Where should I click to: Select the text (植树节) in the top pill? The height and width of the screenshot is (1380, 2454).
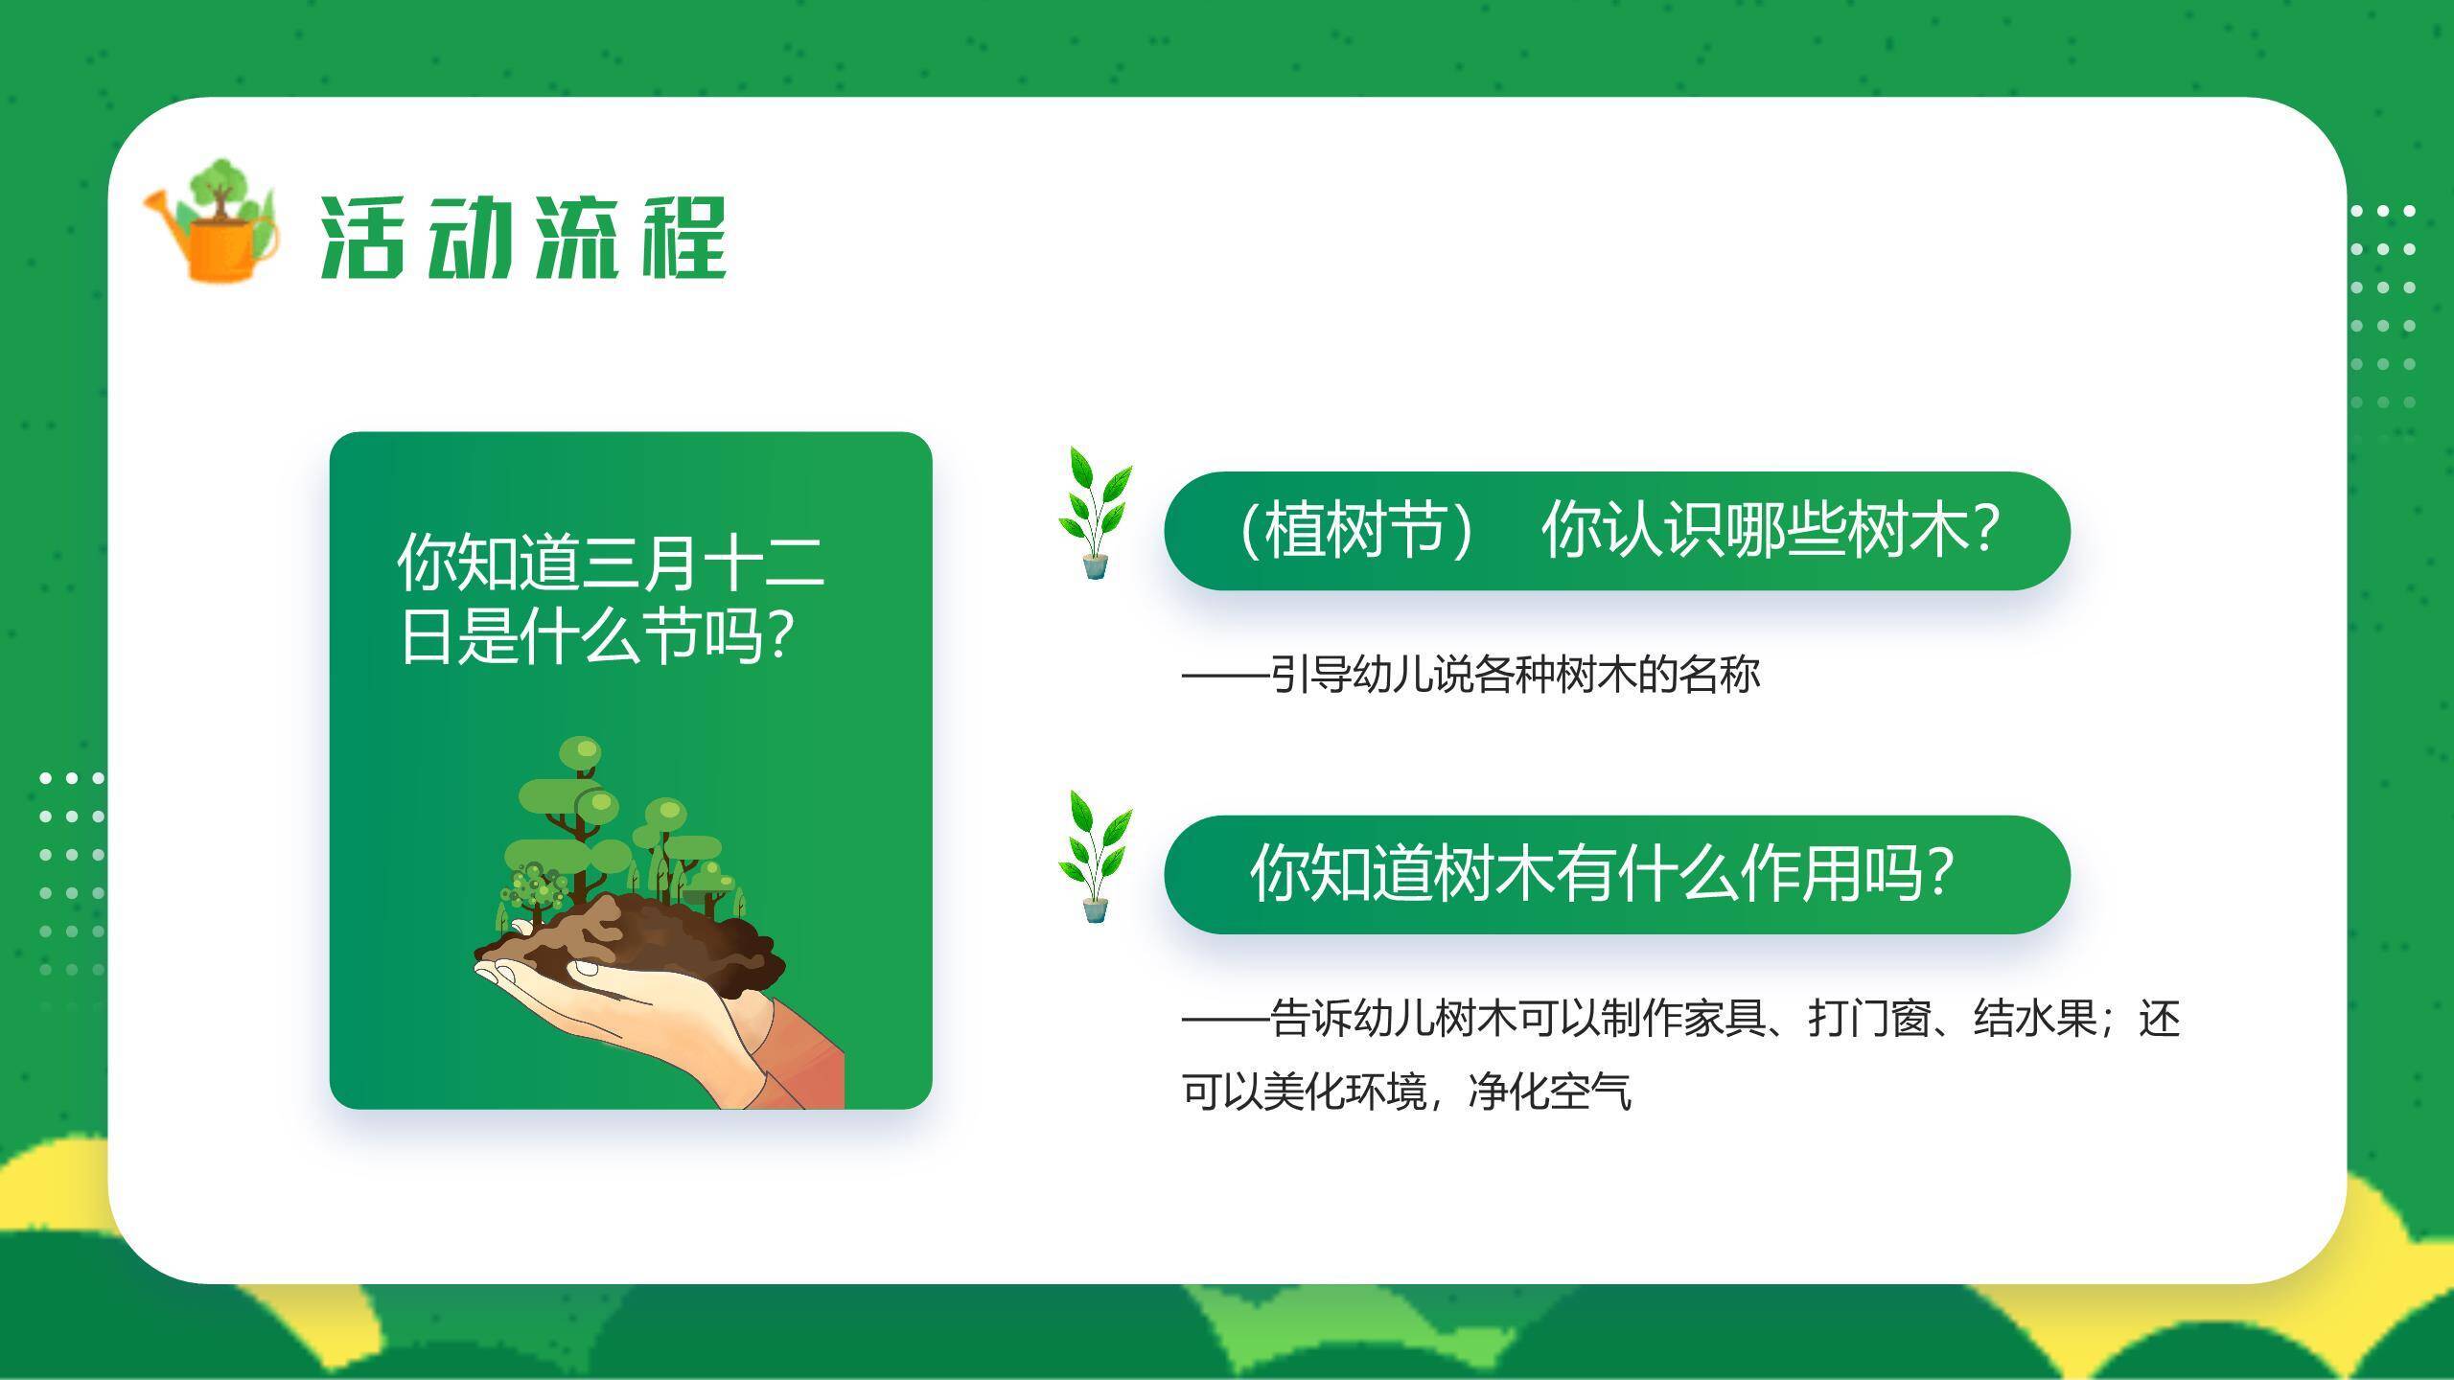pyautogui.click(x=1354, y=530)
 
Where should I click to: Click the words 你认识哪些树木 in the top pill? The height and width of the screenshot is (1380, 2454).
pyautogui.click(x=1754, y=530)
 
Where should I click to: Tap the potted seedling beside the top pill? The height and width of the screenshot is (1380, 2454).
pyautogui.click(x=1095, y=513)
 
